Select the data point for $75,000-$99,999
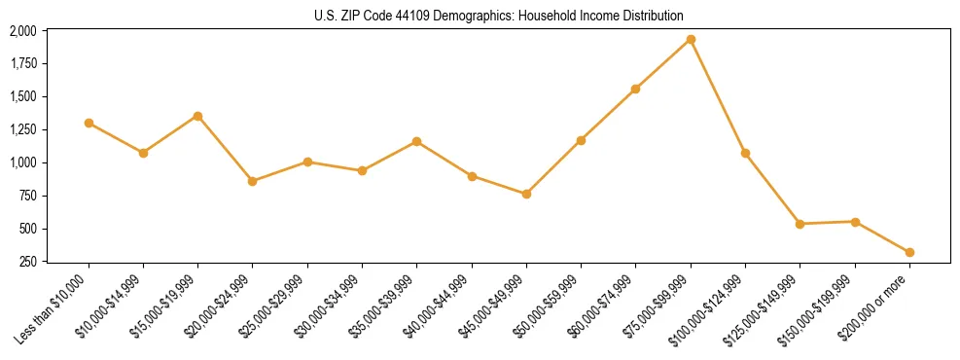(x=691, y=39)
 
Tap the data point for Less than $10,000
(x=89, y=123)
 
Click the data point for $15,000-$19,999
(x=197, y=116)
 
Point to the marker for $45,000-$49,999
(x=526, y=194)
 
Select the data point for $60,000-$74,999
(x=635, y=89)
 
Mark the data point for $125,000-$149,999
(x=800, y=224)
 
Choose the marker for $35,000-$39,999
(x=416, y=141)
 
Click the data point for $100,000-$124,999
(x=745, y=153)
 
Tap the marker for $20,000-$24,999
(x=252, y=181)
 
